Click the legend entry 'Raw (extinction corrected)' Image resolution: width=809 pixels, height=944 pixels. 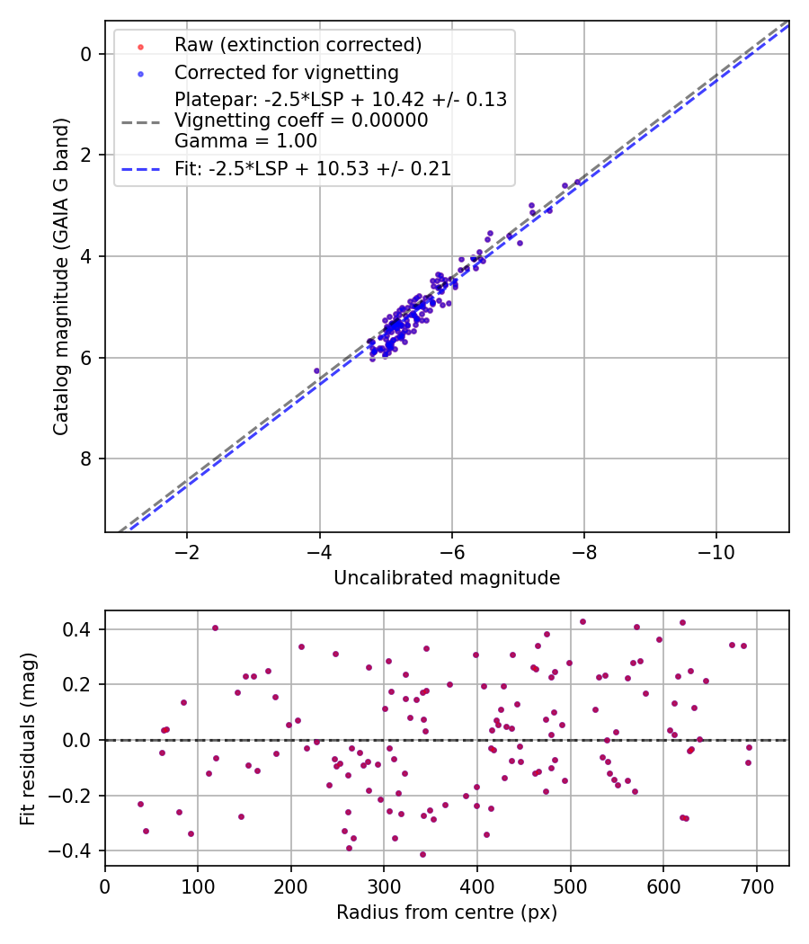297,45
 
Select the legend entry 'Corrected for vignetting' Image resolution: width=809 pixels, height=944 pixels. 286,72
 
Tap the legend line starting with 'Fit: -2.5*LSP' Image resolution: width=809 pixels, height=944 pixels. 313,168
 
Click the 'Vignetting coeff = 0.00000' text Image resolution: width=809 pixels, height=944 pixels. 301,120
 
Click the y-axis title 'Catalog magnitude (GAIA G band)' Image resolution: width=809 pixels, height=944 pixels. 60,277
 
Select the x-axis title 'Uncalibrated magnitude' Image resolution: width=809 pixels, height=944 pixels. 447,578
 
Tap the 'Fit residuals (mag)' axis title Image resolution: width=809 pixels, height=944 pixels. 28,738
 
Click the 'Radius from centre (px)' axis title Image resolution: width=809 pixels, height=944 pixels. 447,913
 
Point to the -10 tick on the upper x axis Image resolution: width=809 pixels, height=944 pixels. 716,548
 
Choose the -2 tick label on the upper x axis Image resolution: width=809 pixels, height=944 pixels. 187,548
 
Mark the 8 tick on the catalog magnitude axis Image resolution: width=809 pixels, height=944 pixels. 87,459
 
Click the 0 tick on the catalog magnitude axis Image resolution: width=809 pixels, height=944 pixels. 87,54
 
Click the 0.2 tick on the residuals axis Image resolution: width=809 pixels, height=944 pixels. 79,685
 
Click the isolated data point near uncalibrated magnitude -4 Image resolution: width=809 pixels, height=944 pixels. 316,370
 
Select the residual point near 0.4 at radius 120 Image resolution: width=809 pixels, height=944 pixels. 215,628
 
